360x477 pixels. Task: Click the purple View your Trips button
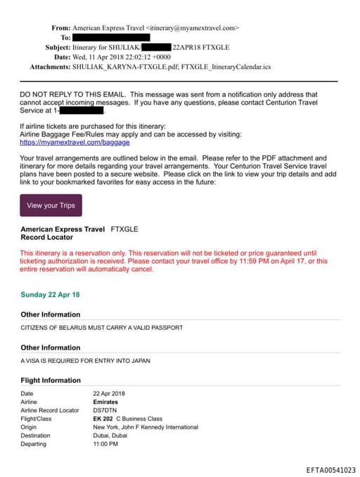click(x=51, y=205)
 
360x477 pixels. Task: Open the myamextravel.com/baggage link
click(x=65, y=142)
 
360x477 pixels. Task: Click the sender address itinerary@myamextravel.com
click(x=193, y=28)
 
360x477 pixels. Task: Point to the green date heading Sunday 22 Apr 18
click(x=50, y=295)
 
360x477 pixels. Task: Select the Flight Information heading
click(x=51, y=381)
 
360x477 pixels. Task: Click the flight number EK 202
click(x=103, y=419)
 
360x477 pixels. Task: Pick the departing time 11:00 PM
click(x=105, y=444)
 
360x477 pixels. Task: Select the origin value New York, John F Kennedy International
click(x=146, y=427)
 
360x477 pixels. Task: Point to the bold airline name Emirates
click(x=106, y=402)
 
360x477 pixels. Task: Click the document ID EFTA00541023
click(x=330, y=469)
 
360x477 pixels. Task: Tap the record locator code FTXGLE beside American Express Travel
click(x=124, y=229)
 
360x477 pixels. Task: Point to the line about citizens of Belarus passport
click(x=102, y=328)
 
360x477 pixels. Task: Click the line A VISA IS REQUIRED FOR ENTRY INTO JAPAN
click(x=85, y=361)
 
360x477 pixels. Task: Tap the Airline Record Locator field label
click(x=50, y=410)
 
